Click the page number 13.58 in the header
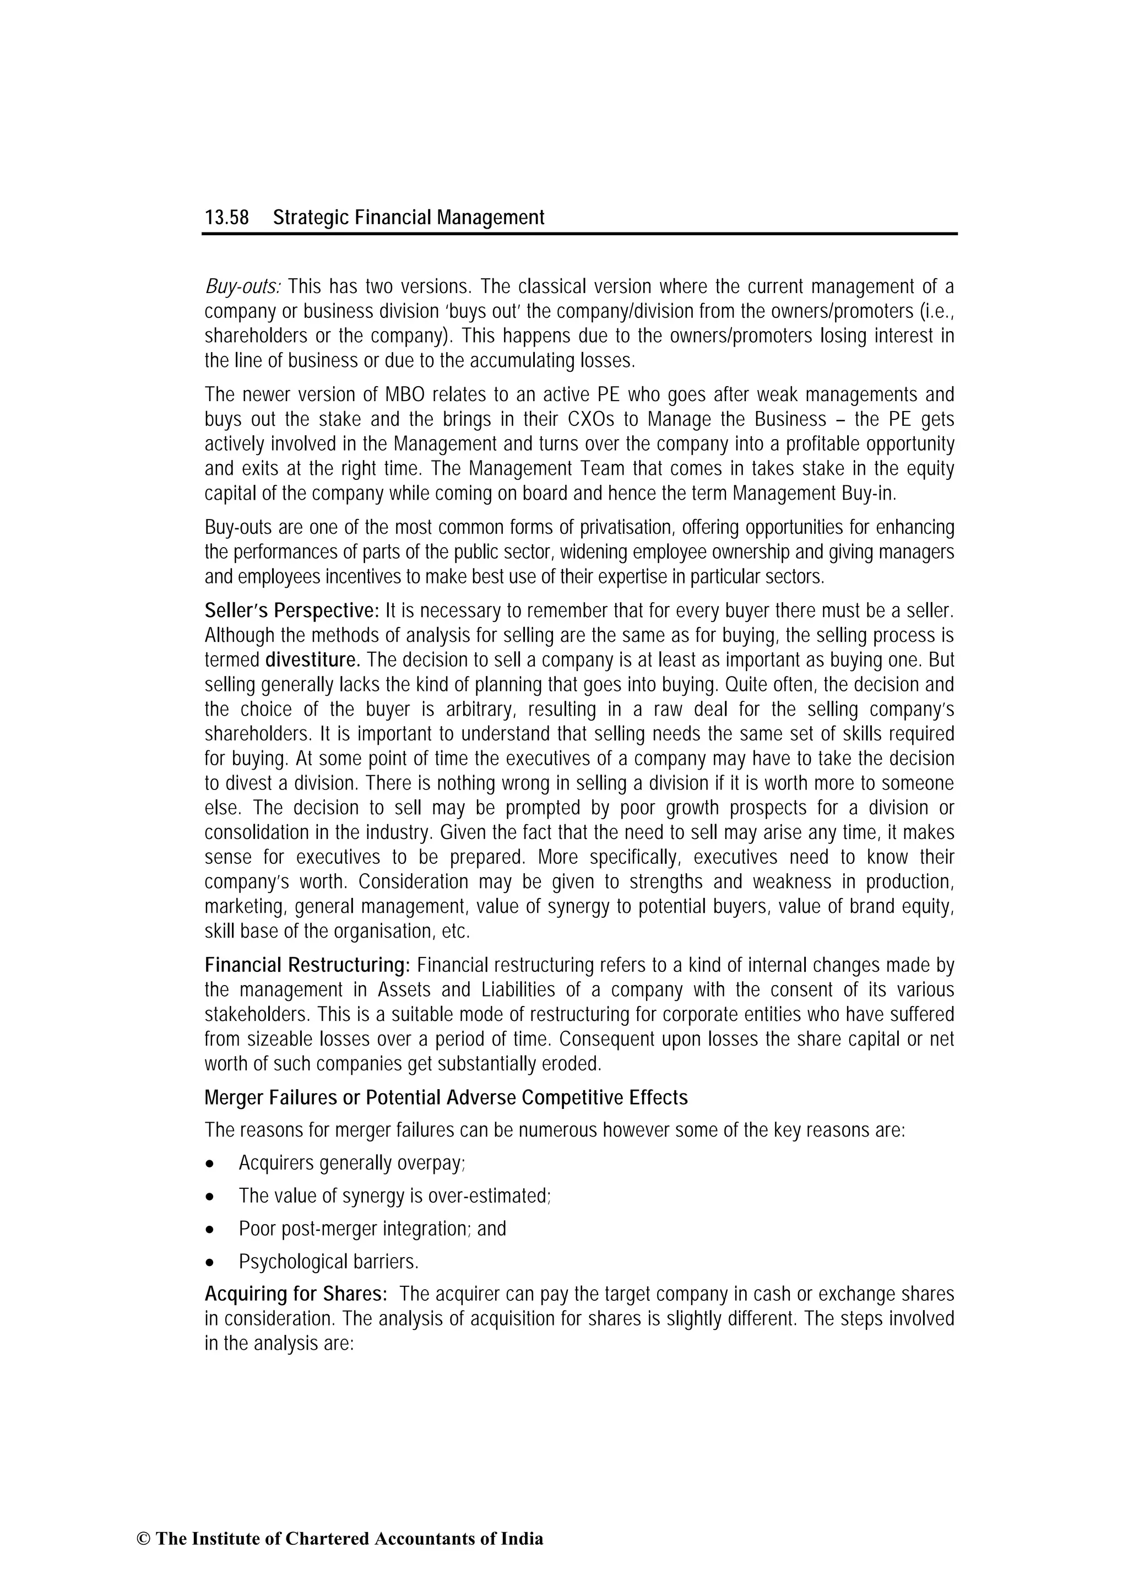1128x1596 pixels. coord(226,218)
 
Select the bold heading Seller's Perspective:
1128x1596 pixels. coord(291,611)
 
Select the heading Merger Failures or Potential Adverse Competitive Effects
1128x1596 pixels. coord(446,1097)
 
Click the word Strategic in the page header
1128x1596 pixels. coord(311,218)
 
